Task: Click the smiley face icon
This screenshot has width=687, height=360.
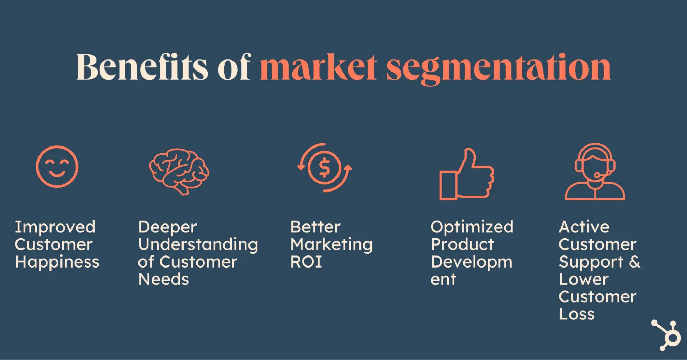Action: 57,167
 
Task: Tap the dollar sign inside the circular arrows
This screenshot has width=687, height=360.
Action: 324,168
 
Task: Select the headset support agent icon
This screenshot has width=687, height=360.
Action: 595,172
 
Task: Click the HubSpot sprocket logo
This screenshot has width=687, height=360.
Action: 667,335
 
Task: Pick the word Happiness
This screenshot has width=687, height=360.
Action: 57,262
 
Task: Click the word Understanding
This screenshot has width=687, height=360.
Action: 198,245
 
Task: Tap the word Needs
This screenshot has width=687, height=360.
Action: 164,279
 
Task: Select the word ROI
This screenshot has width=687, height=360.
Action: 306,262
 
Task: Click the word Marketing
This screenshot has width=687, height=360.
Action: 331,245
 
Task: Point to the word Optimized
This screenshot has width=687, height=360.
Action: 472,227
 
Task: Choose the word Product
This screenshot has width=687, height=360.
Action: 462,244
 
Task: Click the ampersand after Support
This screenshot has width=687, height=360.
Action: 634,262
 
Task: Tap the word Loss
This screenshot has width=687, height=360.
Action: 577,314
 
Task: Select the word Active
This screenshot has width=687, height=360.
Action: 584,227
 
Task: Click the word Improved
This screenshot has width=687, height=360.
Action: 55,227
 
